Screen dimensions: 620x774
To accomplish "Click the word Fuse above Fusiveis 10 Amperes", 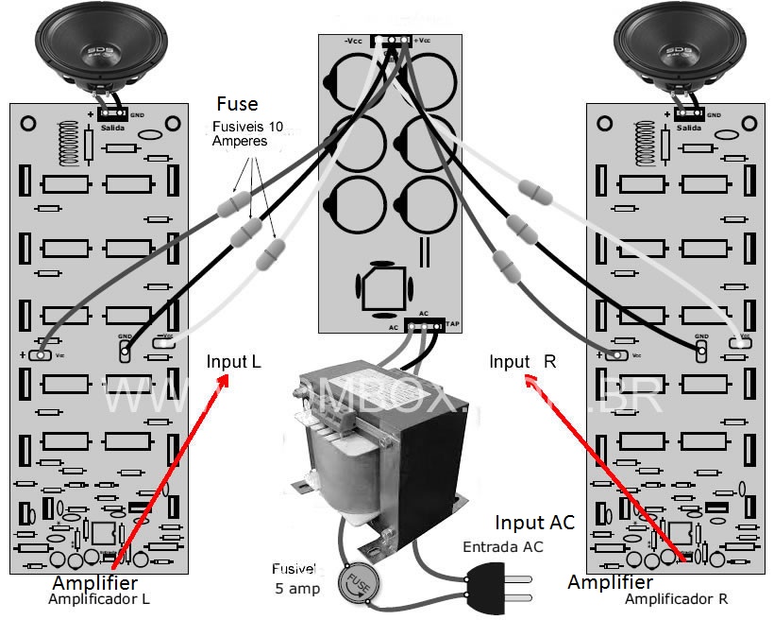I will pyautogui.click(x=237, y=104).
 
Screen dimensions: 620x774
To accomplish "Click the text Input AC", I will pyautogui.click(x=534, y=523).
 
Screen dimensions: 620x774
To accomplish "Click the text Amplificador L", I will pyautogui.click(x=100, y=598).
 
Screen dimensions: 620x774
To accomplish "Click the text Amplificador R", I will pyautogui.click(x=676, y=599).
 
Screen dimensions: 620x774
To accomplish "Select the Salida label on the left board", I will pyautogui.click(x=109, y=127).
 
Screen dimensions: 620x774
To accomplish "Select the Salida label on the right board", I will pyautogui.click(x=690, y=127).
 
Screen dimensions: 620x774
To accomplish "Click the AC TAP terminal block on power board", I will pyautogui.click(x=426, y=326).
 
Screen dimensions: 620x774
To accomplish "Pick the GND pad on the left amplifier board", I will pyautogui.click(x=125, y=351).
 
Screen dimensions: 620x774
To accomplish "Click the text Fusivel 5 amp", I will pyautogui.click(x=294, y=578).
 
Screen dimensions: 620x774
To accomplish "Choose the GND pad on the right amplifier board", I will pyautogui.click(x=701, y=351).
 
